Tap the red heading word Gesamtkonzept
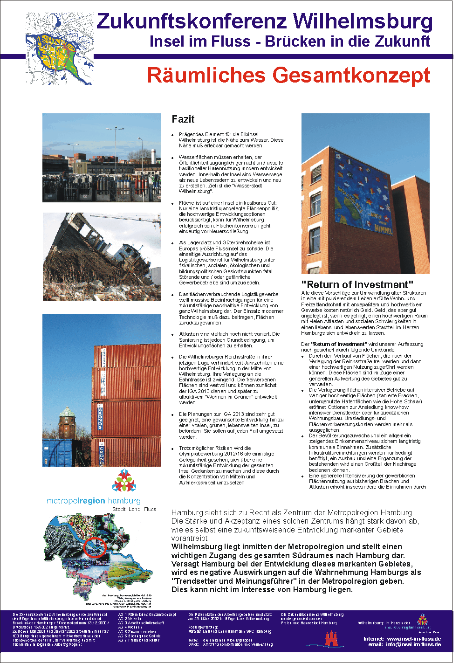(x=352, y=76)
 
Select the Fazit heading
(x=183, y=119)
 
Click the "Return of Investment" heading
(x=357, y=284)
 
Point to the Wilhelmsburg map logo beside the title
(x=59, y=48)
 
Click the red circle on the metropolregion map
(x=95, y=547)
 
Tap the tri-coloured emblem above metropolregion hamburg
(x=124, y=481)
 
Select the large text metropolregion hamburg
(x=93, y=501)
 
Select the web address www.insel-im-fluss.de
(x=414, y=639)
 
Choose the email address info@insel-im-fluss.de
(x=413, y=644)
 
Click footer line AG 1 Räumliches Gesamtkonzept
(x=147, y=615)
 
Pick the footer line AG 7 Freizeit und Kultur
(x=139, y=640)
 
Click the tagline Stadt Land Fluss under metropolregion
(x=134, y=509)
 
